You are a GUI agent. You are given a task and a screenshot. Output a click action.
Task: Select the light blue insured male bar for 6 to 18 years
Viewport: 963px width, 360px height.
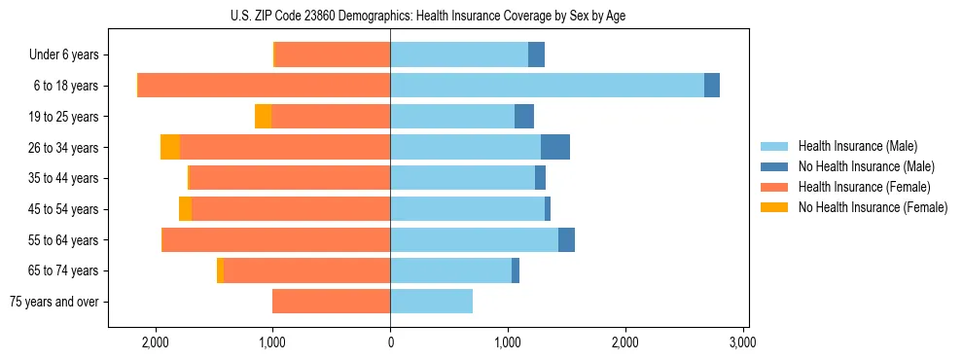click(x=547, y=86)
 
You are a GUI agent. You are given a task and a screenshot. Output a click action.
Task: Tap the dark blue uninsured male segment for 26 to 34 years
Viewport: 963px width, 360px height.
click(x=554, y=147)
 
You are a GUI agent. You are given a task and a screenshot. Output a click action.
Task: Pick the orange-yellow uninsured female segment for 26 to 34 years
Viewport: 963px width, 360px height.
click(x=170, y=147)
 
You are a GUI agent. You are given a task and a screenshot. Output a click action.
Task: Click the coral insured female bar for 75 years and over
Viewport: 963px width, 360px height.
click(x=331, y=302)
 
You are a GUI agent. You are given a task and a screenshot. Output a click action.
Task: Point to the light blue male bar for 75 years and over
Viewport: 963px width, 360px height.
click(x=431, y=302)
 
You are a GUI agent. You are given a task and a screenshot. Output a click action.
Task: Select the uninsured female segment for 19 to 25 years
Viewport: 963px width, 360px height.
click(x=263, y=117)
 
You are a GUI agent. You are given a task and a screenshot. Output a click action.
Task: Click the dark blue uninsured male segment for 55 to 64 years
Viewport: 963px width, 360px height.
click(x=566, y=240)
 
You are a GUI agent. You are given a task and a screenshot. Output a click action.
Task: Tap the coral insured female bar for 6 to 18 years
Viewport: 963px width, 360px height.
click(x=264, y=86)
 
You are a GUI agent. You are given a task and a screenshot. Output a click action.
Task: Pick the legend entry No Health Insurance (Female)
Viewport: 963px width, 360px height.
click(x=873, y=207)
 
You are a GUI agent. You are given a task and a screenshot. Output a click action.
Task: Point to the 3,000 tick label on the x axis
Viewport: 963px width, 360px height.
click(x=743, y=342)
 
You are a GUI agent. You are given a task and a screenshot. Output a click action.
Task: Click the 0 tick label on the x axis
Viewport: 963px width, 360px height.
click(x=390, y=342)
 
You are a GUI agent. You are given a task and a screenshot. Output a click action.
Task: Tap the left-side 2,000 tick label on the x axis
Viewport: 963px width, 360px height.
click(x=156, y=342)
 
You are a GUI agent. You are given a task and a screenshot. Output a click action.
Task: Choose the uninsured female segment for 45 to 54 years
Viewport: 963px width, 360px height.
click(x=185, y=209)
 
